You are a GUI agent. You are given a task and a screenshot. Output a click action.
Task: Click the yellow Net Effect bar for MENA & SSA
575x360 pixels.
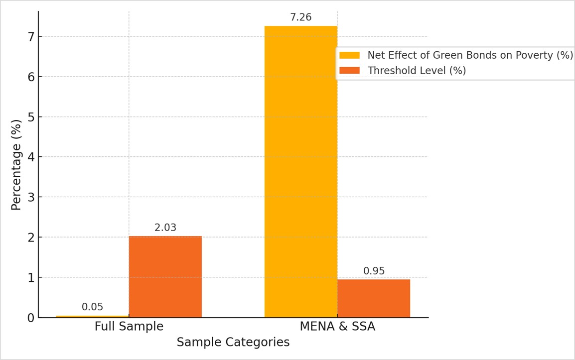[300, 171]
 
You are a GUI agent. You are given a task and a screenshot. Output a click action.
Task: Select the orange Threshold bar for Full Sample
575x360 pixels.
[165, 276]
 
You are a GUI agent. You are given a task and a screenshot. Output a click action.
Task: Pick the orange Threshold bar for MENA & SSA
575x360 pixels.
[373, 298]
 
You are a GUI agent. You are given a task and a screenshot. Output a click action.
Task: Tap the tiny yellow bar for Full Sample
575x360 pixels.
[92, 316]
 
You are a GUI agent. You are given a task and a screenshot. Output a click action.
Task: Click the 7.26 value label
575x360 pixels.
[300, 17]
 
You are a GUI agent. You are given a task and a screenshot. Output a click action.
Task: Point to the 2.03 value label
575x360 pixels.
[165, 228]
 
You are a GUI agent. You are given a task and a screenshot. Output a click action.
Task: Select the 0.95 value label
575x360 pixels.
[374, 271]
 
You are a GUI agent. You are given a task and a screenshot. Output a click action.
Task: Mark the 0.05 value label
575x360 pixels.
[92, 307]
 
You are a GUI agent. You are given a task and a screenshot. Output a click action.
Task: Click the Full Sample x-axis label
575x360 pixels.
[129, 327]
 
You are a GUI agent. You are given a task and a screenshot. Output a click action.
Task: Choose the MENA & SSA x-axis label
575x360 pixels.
[337, 327]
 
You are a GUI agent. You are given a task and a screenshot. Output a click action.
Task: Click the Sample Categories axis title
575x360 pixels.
[233, 343]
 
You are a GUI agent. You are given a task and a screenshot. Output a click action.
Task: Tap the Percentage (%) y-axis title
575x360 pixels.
[16, 164]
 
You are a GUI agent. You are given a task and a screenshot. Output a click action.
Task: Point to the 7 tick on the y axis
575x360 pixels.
[31, 37]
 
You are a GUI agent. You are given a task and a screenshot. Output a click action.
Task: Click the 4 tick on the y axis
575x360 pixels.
[31, 157]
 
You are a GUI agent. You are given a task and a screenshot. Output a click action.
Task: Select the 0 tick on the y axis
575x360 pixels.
[31, 318]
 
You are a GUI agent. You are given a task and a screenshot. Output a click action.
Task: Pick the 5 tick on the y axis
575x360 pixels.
[31, 117]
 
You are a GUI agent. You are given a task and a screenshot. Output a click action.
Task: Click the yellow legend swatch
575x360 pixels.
[349, 55]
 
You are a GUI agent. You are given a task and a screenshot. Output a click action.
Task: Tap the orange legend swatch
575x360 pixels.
[349, 71]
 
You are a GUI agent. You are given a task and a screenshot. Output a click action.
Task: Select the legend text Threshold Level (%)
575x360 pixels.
[417, 71]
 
